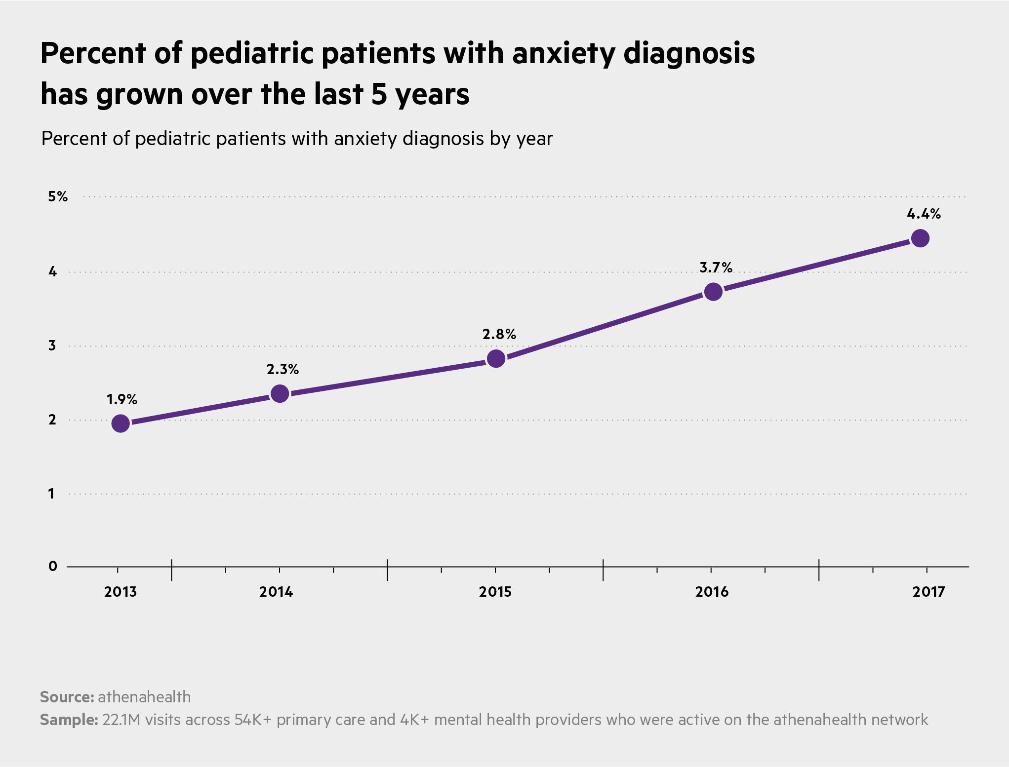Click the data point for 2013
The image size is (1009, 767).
coord(121,423)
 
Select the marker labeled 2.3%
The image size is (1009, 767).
coord(280,393)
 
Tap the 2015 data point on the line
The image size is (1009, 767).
coord(496,358)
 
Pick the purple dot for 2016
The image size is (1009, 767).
coord(713,292)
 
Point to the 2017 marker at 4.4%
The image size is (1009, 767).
coord(920,238)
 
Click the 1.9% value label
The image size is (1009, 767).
coord(122,399)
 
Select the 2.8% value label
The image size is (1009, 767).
coord(499,335)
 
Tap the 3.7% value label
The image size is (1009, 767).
coord(716,268)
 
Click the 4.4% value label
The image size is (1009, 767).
coord(924,214)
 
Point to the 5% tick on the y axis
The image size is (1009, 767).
coord(58,197)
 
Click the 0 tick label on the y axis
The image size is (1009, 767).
coord(53,566)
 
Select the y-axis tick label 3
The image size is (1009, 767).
coord(52,345)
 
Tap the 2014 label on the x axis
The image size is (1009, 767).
coord(276,592)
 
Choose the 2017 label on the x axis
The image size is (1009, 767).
coord(928,592)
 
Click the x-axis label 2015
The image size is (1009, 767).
coord(495,592)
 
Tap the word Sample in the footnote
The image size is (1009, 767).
coord(69,720)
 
